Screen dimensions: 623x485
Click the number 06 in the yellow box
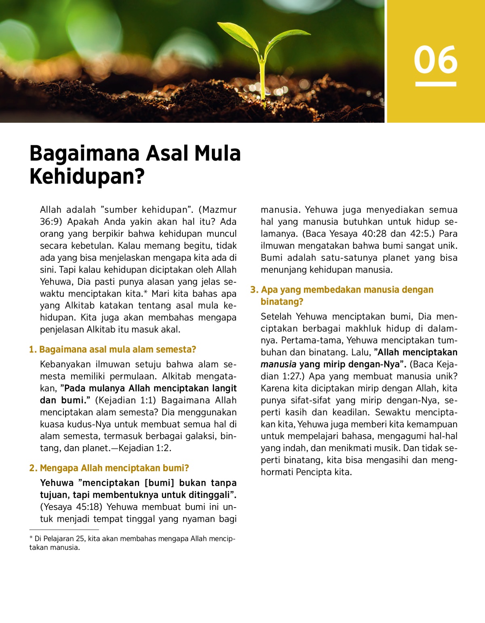point(435,60)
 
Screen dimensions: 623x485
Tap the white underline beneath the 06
point(435,84)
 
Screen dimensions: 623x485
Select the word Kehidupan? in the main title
point(87,176)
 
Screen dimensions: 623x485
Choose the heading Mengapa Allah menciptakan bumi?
point(114,468)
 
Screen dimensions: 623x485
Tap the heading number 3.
point(254,290)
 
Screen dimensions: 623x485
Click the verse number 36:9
point(51,222)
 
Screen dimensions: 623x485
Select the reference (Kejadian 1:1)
point(125,401)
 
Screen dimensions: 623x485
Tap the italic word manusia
point(278,365)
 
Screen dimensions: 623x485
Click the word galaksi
point(199,436)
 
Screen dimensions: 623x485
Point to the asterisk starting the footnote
point(31,538)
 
